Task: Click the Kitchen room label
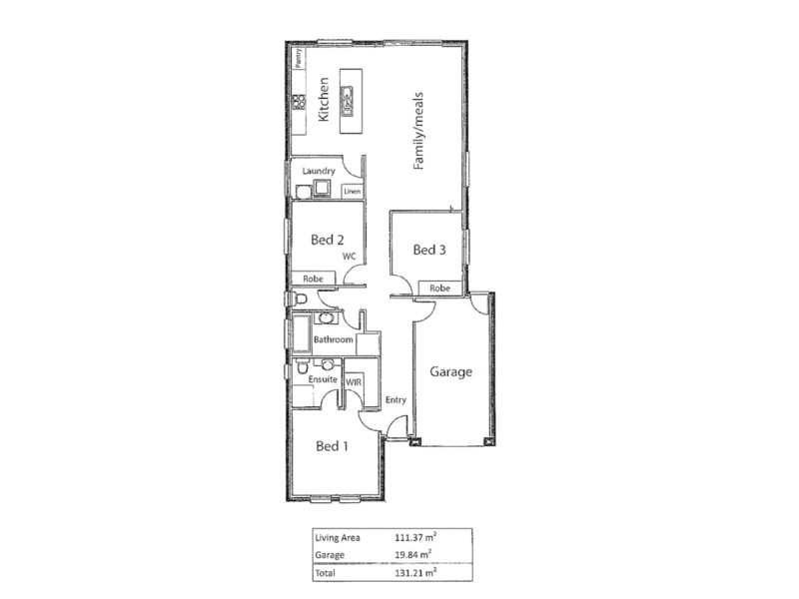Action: pyautogui.click(x=324, y=100)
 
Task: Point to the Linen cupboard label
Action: pyautogui.click(x=352, y=191)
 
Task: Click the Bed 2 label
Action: pyautogui.click(x=328, y=240)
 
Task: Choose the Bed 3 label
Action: pyautogui.click(x=428, y=249)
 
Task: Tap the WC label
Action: pyautogui.click(x=349, y=257)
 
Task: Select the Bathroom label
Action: pyautogui.click(x=333, y=340)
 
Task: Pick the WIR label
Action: pyautogui.click(x=353, y=381)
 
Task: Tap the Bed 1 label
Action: pyautogui.click(x=332, y=445)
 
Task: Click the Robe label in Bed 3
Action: pyautogui.click(x=439, y=289)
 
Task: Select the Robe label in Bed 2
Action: pyautogui.click(x=312, y=280)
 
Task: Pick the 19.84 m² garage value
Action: pyautogui.click(x=413, y=555)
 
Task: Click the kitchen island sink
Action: pyautogui.click(x=349, y=101)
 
